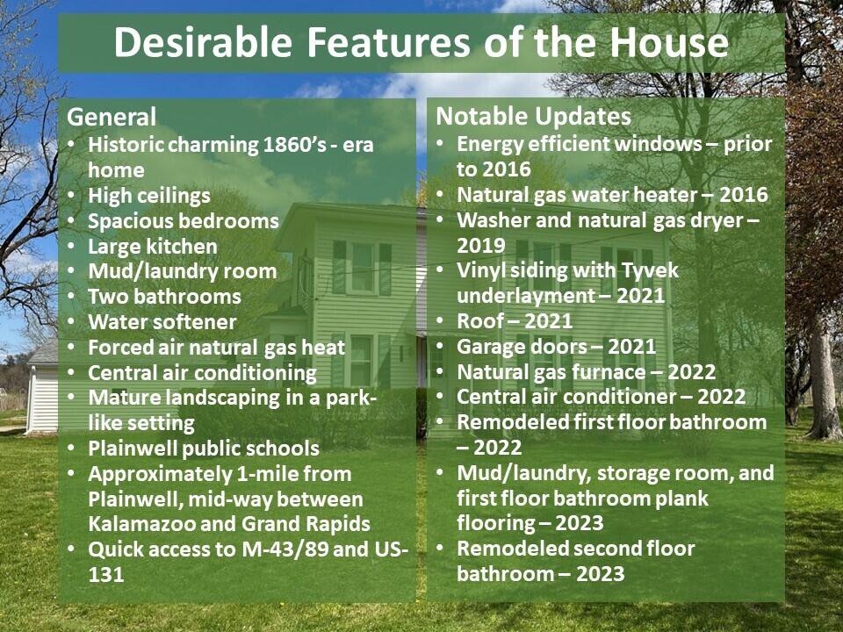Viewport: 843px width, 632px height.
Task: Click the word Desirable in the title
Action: tap(203, 42)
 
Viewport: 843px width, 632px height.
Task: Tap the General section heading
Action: tap(112, 117)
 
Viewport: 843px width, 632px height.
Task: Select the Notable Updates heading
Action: tap(533, 116)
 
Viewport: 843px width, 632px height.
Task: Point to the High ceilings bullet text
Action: tap(149, 196)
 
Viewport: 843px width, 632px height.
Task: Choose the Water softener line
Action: tap(162, 322)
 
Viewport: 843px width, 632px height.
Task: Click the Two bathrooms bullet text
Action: tap(164, 297)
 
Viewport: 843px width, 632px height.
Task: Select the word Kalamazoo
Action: tap(141, 524)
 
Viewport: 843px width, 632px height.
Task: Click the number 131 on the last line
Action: tap(106, 574)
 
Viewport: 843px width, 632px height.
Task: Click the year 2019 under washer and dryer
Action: tap(481, 246)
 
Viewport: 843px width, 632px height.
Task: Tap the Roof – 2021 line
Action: tap(515, 321)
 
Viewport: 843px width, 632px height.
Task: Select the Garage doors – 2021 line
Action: tap(557, 347)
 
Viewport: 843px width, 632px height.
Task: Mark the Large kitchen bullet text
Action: tap(153, 247)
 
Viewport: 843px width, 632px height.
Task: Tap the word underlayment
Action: tap(526, 296)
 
